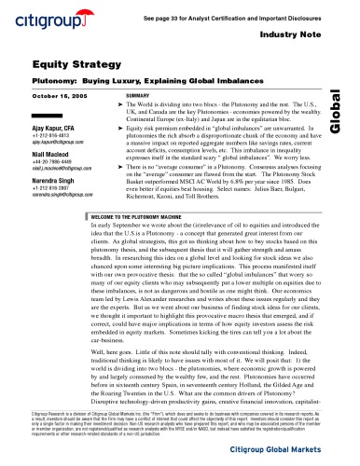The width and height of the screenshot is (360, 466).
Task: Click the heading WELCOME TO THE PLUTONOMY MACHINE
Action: (133, 215)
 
